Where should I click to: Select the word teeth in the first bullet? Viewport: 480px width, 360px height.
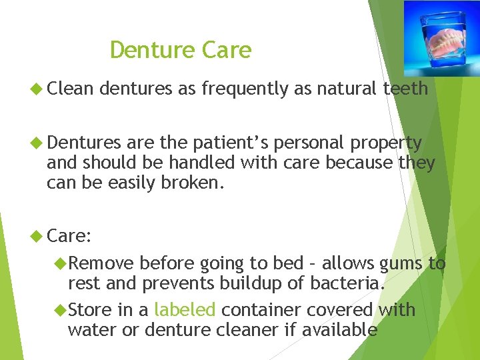tap(405, 89)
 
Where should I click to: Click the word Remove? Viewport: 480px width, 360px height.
tap(101, 264)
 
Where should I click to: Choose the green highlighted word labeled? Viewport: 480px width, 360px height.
tap(185, 310)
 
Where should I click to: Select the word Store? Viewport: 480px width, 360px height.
tap(89, 310)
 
